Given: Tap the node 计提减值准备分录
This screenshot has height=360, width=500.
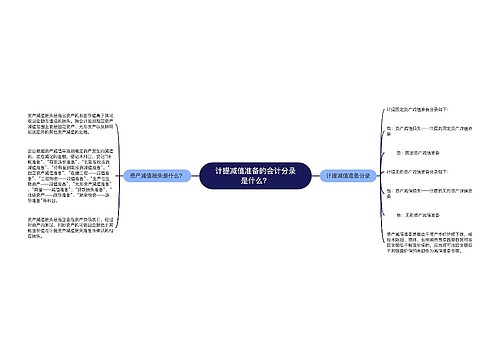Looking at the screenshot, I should pyautogui.click(x=347, y=175).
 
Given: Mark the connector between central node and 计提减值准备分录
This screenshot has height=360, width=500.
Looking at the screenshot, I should pyautogui.click(x=304, y=175).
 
